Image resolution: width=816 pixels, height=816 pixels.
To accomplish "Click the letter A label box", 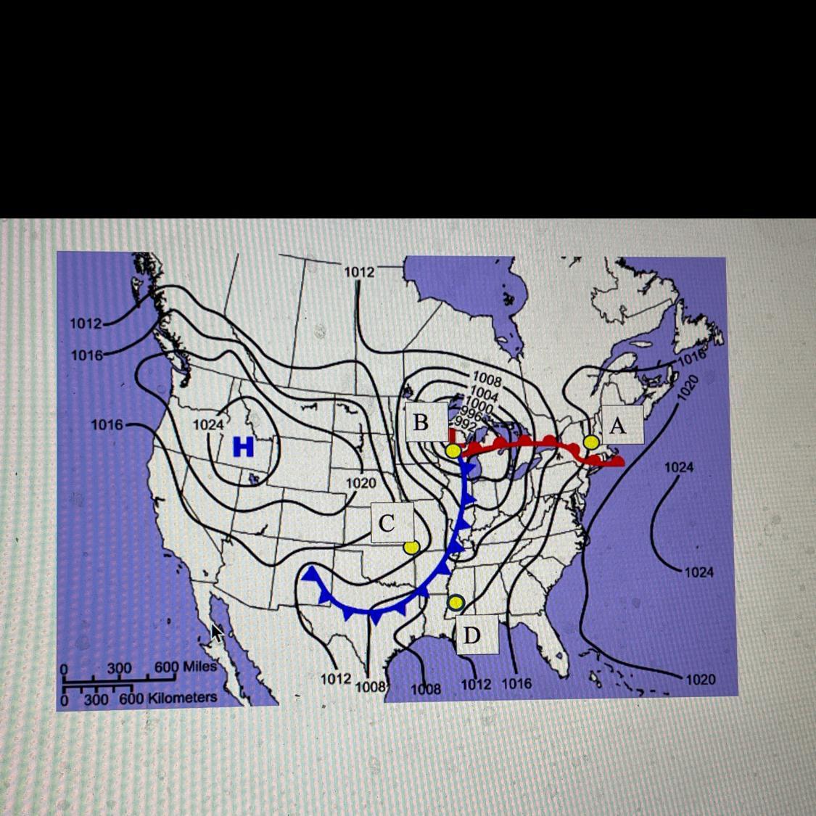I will coord(617,425).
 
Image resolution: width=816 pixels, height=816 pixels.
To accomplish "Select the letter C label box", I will coord(387,523).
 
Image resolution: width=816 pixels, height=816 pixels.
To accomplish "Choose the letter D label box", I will coord(471,635).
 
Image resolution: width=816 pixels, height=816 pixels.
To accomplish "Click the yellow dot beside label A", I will coord(591,442).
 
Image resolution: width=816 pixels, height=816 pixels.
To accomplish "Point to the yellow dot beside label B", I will coord(453,451).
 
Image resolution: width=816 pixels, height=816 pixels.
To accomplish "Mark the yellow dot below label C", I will coord(411,548).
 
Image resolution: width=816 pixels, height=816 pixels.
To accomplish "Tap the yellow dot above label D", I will coord(456,602).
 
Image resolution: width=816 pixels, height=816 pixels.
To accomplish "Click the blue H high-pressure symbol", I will coord(244,447).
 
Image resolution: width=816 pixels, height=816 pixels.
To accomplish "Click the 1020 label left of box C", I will coord(360,483).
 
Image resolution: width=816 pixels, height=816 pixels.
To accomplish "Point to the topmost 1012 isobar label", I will coord(359,271).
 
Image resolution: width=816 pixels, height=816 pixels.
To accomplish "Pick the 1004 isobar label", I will coord(485,395).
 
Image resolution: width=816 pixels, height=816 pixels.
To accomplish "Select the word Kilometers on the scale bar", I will coord(182,698).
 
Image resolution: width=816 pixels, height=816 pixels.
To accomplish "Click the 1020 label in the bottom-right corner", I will coord(700,680).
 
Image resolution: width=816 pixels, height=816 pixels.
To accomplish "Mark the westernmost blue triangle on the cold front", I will coord(312,574).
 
